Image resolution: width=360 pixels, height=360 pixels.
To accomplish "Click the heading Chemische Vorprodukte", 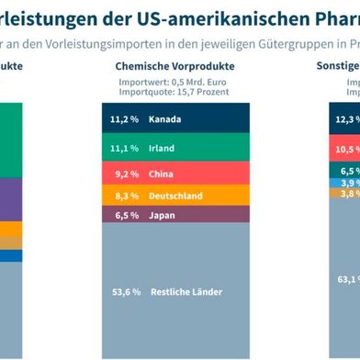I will point(174,67).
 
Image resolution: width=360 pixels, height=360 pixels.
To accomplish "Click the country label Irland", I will point(162,148).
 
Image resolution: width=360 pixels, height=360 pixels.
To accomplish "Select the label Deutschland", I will point(174,196).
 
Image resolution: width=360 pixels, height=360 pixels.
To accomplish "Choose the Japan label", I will point(162,215).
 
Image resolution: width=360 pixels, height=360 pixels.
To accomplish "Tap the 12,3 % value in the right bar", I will point(346,118).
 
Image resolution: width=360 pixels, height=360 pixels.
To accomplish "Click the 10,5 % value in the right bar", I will point(346,149).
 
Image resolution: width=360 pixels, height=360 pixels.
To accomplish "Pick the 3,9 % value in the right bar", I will point(348,184).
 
